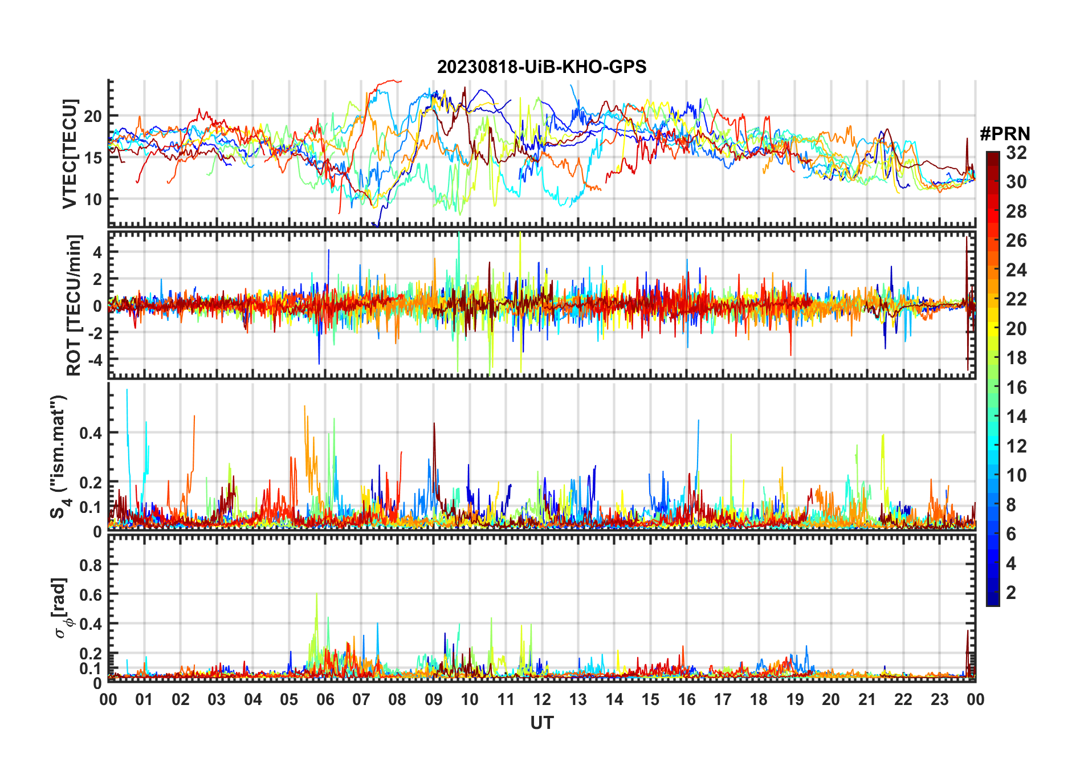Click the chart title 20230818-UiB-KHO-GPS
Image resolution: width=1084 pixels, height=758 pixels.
(541, 67)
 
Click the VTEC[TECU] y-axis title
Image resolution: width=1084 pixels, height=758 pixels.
(70, 154)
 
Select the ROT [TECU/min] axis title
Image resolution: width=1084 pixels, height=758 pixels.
(74, 305)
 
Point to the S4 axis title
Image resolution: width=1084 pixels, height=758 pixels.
(59, 456)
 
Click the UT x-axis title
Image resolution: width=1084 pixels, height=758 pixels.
(541, 723)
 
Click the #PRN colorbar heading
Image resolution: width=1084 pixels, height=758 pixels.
(1005, 134)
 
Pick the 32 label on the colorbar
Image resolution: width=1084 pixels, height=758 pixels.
(1016, 153)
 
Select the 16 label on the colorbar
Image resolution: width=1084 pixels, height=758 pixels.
(1016, 388)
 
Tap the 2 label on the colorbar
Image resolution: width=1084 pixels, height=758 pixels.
(1011, 593)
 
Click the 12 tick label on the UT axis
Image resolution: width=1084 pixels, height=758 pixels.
(541, 700)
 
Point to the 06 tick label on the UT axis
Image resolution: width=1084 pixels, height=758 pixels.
(325, 700)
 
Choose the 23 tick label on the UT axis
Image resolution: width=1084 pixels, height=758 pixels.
(939, 700)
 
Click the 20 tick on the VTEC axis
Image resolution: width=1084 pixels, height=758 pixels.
(93, 116)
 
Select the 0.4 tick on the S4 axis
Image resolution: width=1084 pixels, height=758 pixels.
(91, 433)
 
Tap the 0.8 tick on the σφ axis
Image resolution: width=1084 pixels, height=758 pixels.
(91, 565)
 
